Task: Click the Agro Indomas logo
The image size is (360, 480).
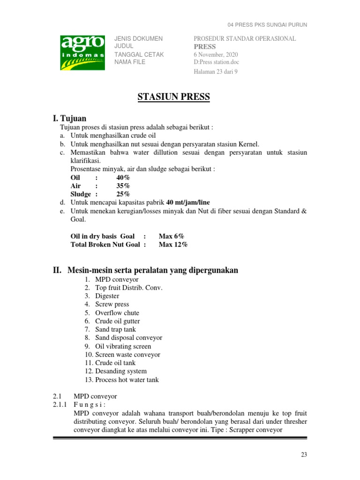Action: click(x=82, y=52)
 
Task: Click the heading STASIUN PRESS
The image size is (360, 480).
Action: click(x=174, y=97)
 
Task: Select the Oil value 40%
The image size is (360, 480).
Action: click(x=123, y=178)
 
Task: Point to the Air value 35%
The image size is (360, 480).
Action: click(x=123, y=186)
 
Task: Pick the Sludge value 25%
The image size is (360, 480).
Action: click(x=123, y=194)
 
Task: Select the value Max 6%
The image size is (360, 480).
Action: click(x=171, y=236)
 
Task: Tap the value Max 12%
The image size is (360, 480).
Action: click(x=173, y=245)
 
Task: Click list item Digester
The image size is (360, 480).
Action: click(x=107, y=296)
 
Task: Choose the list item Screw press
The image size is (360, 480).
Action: click(x=112, y=305)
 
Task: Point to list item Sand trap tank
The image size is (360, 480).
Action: click(x=115, y=330)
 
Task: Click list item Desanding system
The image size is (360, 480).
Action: click(x=121, y=371)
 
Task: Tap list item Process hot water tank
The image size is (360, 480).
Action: click(x=127, y=380)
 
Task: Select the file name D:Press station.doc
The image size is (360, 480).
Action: click(x=219, y=62)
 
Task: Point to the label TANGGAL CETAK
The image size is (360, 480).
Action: click(x=139, y=54)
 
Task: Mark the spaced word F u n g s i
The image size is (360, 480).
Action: click(x=90, y=405)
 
